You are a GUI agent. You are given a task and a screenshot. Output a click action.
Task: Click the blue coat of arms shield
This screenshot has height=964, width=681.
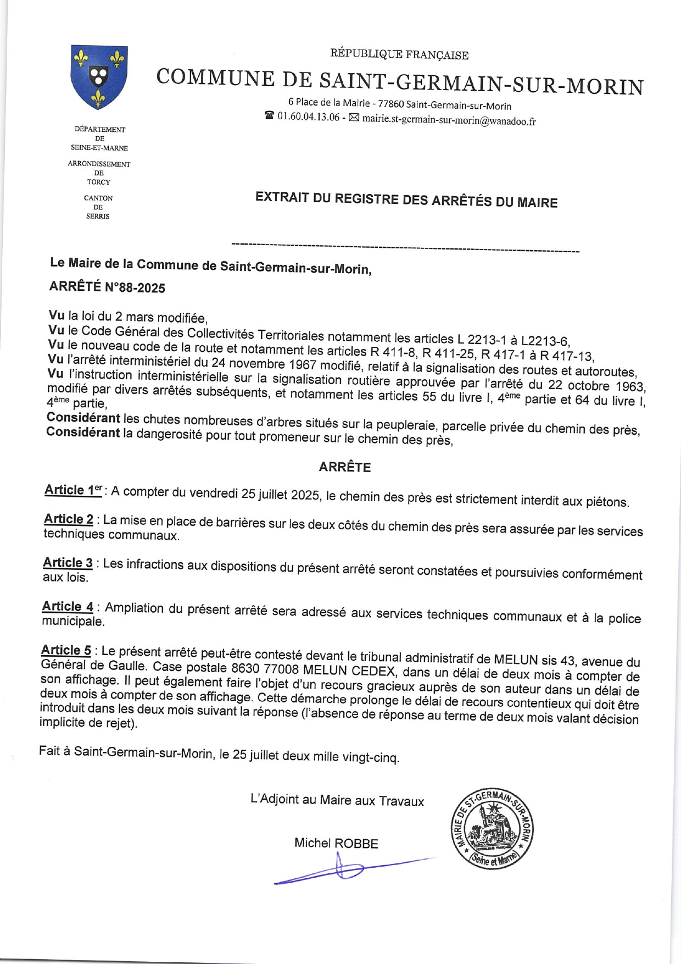click(x=99, y=76)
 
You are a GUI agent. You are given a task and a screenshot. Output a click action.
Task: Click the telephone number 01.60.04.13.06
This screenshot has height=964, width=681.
click(x=308, y=117)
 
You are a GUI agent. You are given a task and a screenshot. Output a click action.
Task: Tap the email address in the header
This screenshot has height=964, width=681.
click(x=449, y=120)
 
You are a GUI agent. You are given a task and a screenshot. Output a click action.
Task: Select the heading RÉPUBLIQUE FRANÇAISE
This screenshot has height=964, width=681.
click(x=399, y=54)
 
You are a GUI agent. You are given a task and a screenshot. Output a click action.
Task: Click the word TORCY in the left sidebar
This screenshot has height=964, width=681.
click(x=99, y=182)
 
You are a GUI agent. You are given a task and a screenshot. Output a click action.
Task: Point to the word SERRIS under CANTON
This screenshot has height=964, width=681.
click(x=98, y=217)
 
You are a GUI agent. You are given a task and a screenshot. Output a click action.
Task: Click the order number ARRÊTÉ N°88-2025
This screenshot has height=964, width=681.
click(x=107, y=287)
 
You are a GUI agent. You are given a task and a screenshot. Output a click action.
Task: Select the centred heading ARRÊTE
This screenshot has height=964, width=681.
click(x=345, y=467)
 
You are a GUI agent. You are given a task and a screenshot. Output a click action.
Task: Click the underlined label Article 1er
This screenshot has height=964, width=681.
click(x=74, y=490)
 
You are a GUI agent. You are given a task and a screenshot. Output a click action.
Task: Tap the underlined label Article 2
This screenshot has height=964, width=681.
click(x=69, y=519)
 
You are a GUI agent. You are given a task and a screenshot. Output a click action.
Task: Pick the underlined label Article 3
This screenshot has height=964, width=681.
click(x=68, y=562)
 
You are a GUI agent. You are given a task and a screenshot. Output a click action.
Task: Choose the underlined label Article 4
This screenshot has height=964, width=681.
click(x=68, y=606)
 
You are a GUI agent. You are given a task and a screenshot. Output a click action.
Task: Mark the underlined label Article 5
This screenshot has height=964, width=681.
click(x=66, y=650)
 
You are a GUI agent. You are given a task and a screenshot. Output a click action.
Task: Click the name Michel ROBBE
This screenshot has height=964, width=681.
click(x=336, y=843)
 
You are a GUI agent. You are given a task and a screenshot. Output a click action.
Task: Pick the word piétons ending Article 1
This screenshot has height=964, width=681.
click(x=606, y=502)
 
